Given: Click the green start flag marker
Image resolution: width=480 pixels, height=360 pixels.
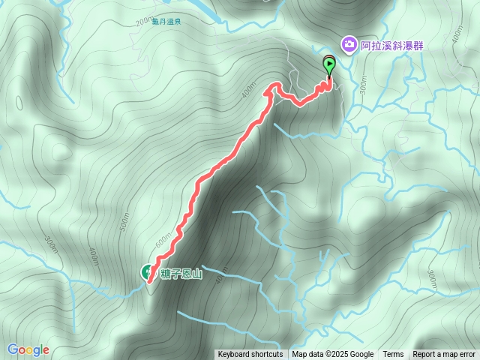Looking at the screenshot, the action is tap(329, 65).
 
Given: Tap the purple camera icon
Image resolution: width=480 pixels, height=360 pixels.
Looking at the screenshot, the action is tap(349, 45).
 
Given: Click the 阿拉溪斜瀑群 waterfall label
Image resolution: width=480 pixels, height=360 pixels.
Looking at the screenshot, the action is tap(391, 46).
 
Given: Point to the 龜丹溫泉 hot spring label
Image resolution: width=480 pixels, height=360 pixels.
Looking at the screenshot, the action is tap(166, 22).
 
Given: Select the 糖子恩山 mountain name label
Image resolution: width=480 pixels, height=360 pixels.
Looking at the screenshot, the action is tap(181, 273).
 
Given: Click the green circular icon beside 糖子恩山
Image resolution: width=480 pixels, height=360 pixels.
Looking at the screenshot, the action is tap(146, 272).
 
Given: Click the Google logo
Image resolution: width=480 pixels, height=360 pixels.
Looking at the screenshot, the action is tap(28, 349).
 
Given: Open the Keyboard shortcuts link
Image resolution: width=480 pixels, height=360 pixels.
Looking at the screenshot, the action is tap(250, 355).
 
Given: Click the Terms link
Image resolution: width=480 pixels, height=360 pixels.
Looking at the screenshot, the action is tap(393, 355).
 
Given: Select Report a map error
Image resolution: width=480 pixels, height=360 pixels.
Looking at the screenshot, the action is tap(444, 355).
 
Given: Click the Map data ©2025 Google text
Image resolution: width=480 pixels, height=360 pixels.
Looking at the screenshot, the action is tap(333, 355).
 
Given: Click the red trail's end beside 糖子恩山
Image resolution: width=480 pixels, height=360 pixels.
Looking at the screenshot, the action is tap(150, 280).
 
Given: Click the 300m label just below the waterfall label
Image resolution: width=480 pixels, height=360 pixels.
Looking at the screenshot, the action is tap(363, 88).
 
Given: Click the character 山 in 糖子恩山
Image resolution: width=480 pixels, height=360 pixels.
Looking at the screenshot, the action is tap(197, 273).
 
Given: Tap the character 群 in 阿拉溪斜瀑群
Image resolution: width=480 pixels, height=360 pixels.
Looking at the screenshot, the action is tap(418, 46).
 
